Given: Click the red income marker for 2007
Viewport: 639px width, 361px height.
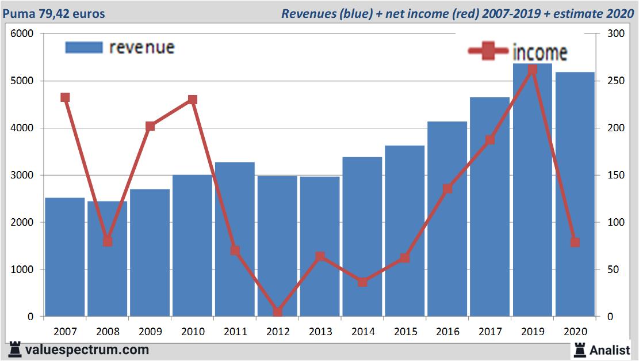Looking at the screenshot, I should click(x=65, y=98).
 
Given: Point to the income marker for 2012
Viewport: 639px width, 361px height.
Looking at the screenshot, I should click(x=278, y=311).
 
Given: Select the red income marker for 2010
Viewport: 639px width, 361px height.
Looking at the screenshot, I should click(x=193, y=100).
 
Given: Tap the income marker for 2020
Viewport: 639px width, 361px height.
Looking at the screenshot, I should click(x=575, y=242).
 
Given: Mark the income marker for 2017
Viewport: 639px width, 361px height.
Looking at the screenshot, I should click(x=489, y=140).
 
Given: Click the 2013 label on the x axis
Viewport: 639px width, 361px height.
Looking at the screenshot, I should click(x=320, y=332).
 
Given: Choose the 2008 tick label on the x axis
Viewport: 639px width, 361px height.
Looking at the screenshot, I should click(x=108, y=332).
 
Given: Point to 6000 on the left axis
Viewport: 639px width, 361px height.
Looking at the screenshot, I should click(x=22, y=34).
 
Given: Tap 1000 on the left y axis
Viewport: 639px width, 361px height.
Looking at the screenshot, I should click(x=22, y=269).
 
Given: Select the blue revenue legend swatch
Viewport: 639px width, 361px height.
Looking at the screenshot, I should click(x=84, y=47).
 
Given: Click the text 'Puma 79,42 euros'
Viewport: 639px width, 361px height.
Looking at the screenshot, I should click(x=55, y=13).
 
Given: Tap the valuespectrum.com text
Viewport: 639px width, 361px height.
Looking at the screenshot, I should click(x=87, y=349).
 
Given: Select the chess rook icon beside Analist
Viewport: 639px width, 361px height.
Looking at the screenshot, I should click(x=579, y=349).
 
